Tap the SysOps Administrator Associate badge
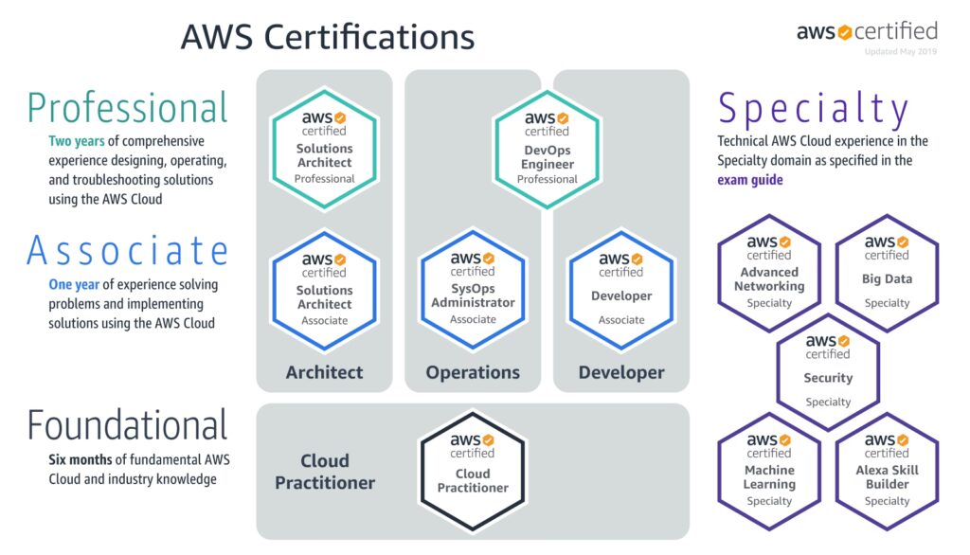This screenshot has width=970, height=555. point(473,288)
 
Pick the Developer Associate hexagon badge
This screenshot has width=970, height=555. point(621,288)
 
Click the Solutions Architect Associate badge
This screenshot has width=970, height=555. point(325,288)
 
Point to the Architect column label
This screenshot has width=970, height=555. point(324,372)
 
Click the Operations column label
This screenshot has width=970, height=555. point(473,372)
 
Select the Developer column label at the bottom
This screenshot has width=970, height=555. point(621,372)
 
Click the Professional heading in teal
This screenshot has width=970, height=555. point(128,108)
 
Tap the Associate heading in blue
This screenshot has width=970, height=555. point(128,250)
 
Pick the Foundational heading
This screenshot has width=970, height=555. point(128,425)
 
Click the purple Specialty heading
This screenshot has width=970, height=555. point(814,109)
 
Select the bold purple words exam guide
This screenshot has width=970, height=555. point(750,180)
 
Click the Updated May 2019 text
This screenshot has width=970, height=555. point(900,51)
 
